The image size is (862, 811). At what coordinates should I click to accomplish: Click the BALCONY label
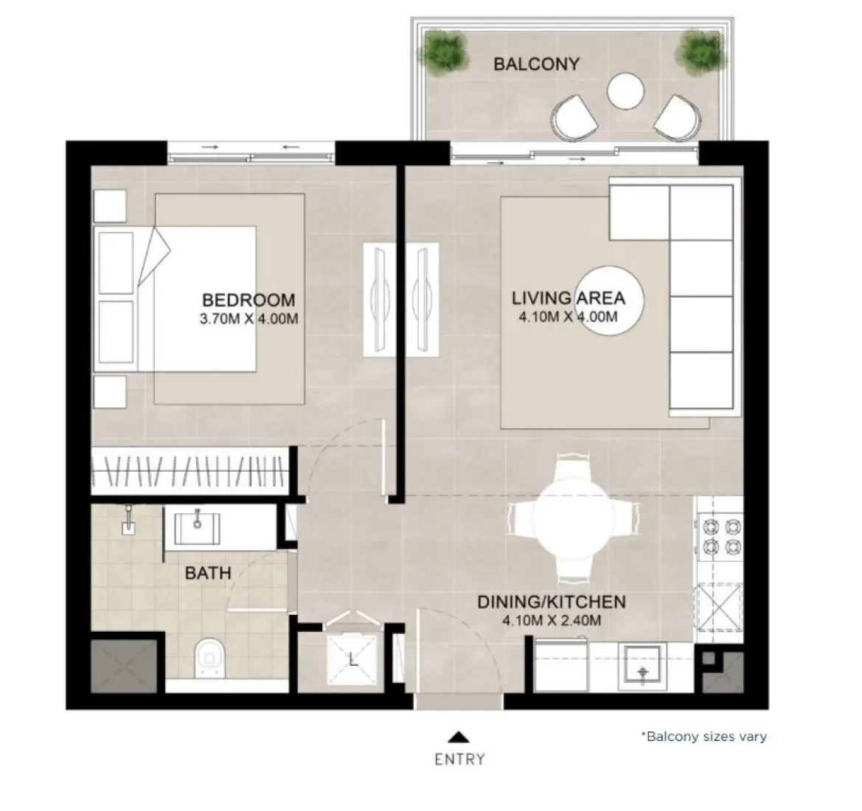click(536, 64)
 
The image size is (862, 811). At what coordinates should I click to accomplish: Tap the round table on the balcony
click(626, 91)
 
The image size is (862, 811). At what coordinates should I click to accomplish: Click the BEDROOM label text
click(248, 300)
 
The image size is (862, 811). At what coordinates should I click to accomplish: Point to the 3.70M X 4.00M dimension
click(249, 319)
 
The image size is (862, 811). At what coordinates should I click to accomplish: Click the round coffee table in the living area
click(610, 300)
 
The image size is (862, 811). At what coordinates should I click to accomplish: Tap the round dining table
click(572, 520)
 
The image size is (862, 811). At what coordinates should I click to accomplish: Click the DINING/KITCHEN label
click(552, 602)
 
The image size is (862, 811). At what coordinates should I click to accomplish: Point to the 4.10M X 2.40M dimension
click(552, 621)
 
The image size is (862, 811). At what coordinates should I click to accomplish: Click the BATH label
click(208, 573)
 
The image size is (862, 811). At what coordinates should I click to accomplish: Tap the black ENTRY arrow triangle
click(459, 736)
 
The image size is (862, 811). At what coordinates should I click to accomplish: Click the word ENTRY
click(459, 759)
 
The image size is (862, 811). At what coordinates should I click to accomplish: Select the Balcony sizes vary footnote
click(703, 737)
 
